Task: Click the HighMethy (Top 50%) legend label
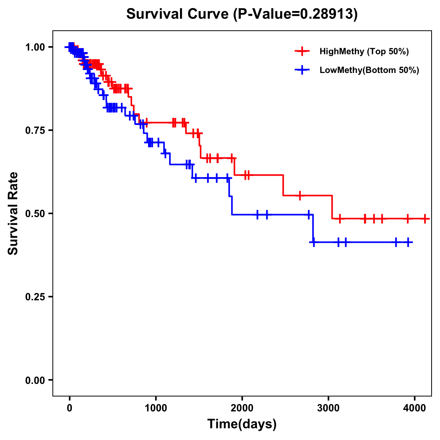point(364,51)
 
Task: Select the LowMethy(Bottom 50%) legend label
point(369,70)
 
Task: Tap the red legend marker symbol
point(302,51)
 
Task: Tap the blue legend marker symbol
point(302,70)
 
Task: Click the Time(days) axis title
point(242,424)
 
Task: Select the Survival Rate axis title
point(13,213)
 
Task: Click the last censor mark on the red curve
point(425,219)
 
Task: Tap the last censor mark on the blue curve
point(408,242)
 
